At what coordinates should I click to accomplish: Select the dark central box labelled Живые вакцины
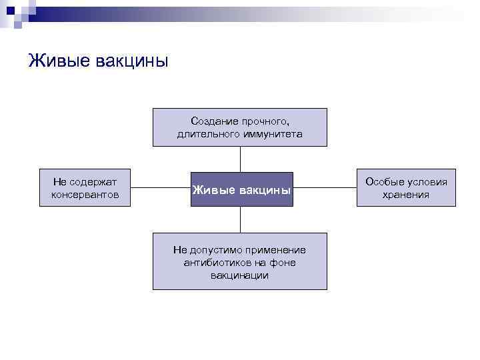pos(241,189)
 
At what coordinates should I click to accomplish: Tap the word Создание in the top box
pos(212,121)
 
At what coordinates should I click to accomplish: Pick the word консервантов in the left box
pos(85,195)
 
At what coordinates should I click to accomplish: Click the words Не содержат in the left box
pos(85,182)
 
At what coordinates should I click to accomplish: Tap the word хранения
pos(405,195)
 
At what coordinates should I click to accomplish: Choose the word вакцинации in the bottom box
pos(240,275)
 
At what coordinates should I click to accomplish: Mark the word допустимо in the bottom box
pos(215,250)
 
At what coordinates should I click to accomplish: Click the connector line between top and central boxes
pos(240,159)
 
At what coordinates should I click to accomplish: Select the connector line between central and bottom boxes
pos(240,219)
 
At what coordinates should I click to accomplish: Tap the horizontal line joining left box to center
pos(160,188)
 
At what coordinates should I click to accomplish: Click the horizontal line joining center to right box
pos(325,188)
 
